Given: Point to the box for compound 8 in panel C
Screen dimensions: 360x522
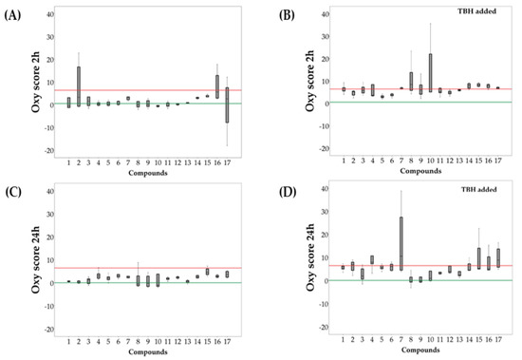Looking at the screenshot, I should click(x=138, y=280).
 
